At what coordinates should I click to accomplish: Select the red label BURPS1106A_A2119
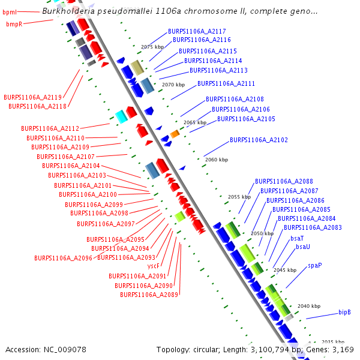click(x=32, y=97)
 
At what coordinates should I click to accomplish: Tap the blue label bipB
click(x=344, y=312)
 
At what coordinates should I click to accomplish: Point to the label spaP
click(x=315, y=265)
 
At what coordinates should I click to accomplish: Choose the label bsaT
click(x=297, y=238)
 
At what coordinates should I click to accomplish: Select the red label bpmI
click(x=10, y=11)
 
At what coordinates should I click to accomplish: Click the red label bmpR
click(x=14, y=24)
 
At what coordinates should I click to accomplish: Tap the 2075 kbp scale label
click(x=152, y=46)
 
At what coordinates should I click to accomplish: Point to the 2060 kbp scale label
click(x=217, y=160)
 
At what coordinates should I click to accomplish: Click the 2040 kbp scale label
click(x=308, y=306)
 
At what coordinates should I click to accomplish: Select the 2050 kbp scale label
click(x=262, y=233)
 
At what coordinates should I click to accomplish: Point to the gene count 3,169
click(x=341, y=349)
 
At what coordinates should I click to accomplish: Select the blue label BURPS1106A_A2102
click(x=259, y=140)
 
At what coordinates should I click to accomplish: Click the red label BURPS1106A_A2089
click(x=149, y=295)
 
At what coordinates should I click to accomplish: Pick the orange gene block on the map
click(x=175, y=134)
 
